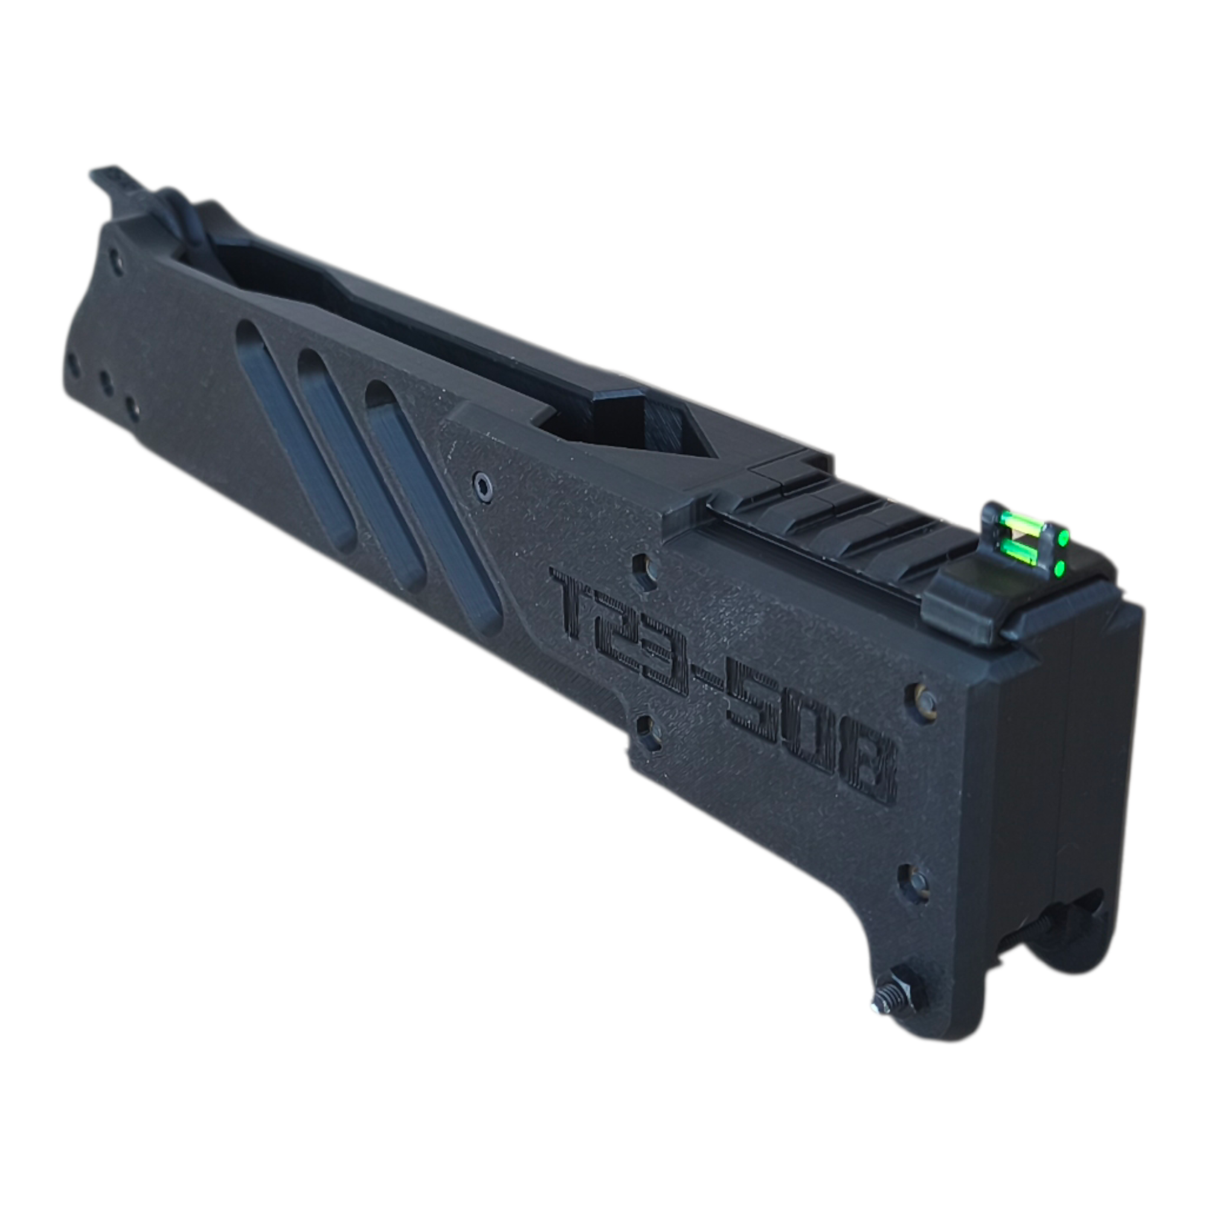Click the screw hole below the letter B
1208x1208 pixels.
click(917, 882)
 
